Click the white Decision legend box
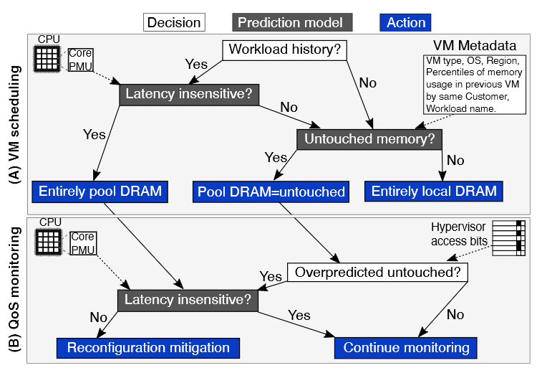click(174, 22)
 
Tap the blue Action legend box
click(406, 22)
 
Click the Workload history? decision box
click(286, 50)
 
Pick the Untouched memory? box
click(369, 138)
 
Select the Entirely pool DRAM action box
click(100, 192)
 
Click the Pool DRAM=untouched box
click(271, 192)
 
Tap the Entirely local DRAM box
click(433, 192)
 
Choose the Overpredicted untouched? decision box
click(377, 273)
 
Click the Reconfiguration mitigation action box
click(148, 348)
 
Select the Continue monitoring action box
click(406, 348)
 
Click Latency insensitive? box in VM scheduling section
click(189, 95)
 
